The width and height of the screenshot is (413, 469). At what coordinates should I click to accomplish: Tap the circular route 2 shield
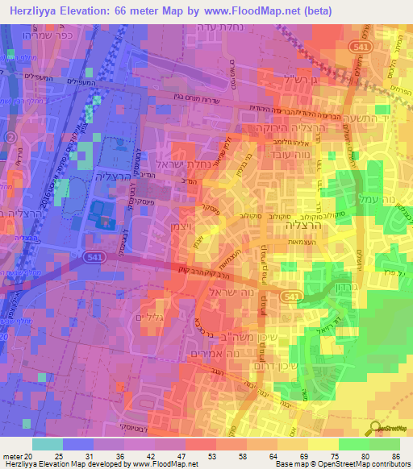click(10, 139)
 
